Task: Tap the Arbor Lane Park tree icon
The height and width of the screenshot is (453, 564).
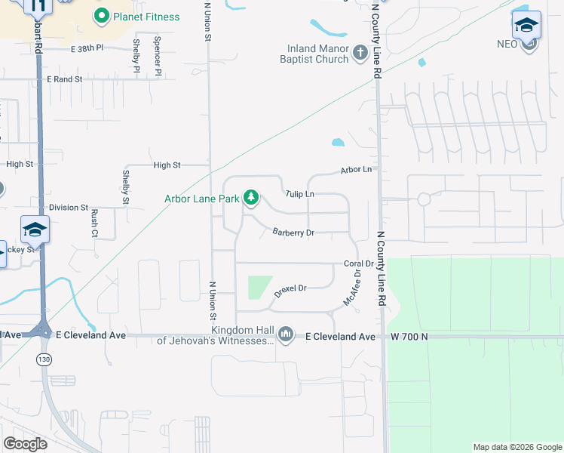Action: pyautogui.click(x=251, y=199)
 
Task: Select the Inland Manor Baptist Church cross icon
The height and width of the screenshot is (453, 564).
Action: pyautogui.click(x=360, y=54)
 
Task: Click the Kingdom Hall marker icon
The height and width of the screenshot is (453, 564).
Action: pyautogui.click(x=285, y=334)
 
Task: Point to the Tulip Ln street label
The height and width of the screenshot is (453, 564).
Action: pyautogui.click(x=299, y=194)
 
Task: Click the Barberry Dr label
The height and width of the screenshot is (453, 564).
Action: pyautogui.click(x=293, y=233)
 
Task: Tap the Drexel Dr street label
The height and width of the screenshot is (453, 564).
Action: pyautogui.click(x=290, y=290)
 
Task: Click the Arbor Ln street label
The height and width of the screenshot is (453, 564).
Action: pyautogui.click(x=357, y=171)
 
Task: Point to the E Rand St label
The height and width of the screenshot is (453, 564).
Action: pyautogui.click(x=64, y=79)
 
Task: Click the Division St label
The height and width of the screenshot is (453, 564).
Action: pyautogui.click(x=69, y=207)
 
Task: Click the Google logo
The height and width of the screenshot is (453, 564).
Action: pyautogui.click(x=25, y=443)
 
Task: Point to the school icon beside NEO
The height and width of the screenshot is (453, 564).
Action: pyautogui.click(x=526, y=26)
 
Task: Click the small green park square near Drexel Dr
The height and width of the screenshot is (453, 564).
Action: pyautogui.click(x=259, y=287)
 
